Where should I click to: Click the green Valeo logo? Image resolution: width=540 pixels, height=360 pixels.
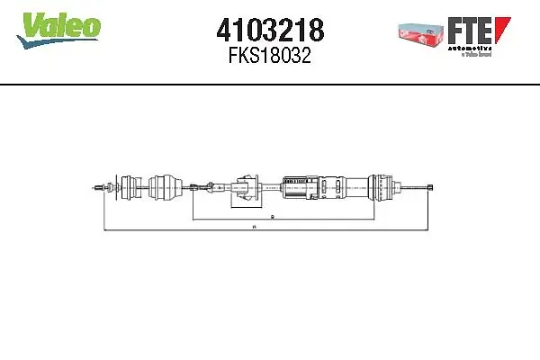61,28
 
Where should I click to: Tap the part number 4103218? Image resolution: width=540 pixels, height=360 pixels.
270,31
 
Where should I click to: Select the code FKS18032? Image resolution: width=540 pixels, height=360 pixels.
270,57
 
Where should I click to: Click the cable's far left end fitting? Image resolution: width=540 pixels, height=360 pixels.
97,188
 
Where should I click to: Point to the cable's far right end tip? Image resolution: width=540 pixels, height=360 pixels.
433,187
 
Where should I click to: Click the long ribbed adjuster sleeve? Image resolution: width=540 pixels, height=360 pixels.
324,187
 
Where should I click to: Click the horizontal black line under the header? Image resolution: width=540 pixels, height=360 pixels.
270,85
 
